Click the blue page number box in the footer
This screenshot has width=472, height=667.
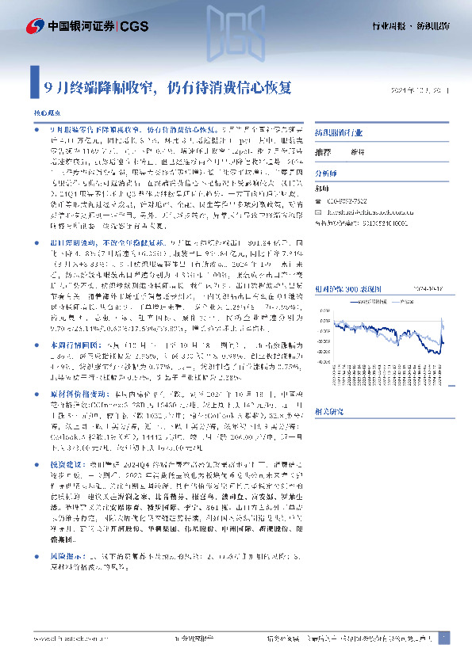click(443, 638)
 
